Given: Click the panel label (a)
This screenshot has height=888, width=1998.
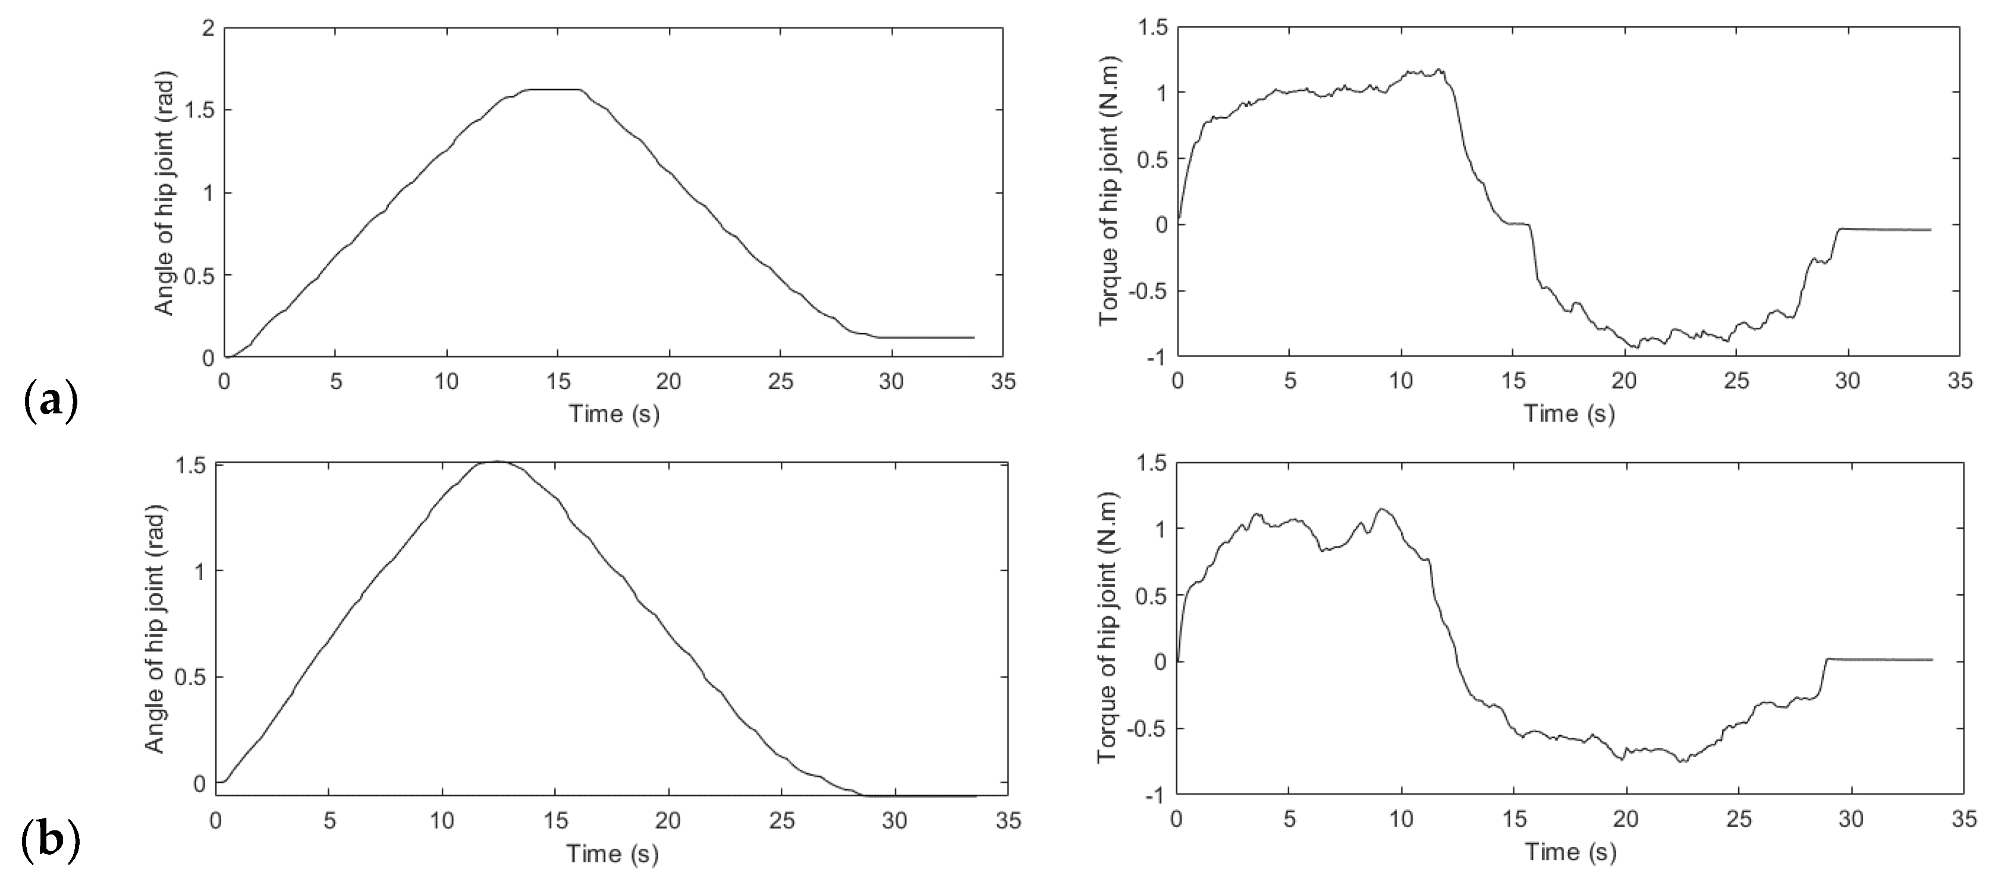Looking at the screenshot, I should click(x=51, y=401).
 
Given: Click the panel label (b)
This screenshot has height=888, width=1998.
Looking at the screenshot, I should click(x=51, y=842).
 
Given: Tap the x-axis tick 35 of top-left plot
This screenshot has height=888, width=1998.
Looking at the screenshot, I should click(x=1003, y=382).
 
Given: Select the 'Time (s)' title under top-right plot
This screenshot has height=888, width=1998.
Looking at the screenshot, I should click(x=1569, y=413).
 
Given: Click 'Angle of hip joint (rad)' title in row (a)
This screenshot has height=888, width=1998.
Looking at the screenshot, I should click(x=165, y=193).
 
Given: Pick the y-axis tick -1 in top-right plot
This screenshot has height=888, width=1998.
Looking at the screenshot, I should click(x=1152, y=357).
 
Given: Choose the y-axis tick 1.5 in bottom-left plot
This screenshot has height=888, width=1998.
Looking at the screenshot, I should click(x=191, y=465).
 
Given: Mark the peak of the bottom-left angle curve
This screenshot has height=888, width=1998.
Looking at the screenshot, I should click(x=497, y=462).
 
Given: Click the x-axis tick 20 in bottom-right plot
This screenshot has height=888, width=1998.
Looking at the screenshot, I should click(x=1626, y=819).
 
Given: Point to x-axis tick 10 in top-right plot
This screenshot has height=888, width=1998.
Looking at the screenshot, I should click(x=1401, y=382).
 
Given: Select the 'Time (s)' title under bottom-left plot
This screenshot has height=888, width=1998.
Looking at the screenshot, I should click(x=612, y=854).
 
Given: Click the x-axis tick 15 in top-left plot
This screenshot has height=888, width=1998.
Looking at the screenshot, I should click(x=558, y=382).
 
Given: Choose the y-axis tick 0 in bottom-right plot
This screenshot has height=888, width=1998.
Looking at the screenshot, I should click(x=1160, y=661).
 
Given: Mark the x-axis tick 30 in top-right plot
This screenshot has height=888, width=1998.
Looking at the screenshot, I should click(x=1848, y=382).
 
